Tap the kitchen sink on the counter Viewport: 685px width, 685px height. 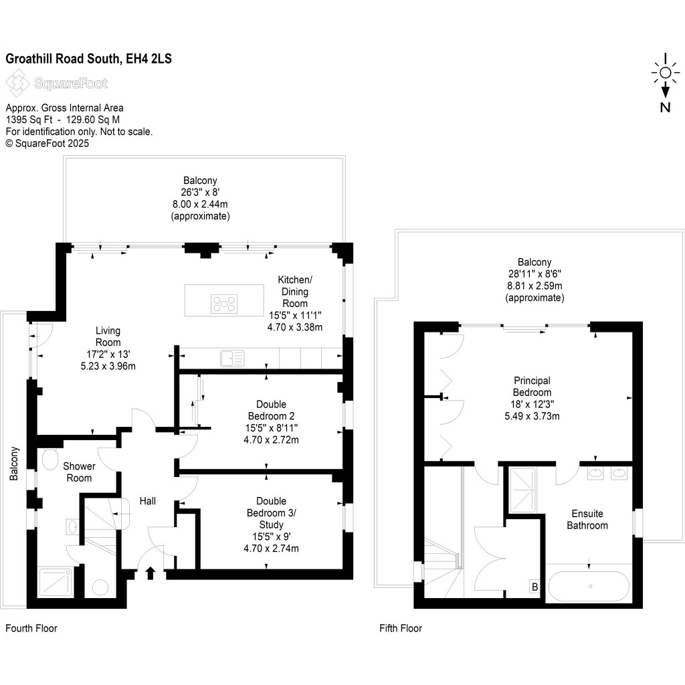tap(232, 359)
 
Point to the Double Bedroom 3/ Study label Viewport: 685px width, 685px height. tap(272, 524)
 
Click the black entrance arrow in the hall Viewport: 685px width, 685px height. tap(150, 572)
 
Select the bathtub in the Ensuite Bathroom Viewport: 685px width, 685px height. tap(589, 586)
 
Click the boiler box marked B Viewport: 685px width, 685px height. tap(534, 587)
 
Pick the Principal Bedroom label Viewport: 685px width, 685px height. tap(532, 398)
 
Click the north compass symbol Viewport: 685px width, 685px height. tap(665, 84)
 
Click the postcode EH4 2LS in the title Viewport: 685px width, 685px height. tap(148, 59)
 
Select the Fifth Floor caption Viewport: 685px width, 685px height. tap(401, 628)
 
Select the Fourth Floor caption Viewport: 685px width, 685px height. tap(31, 628)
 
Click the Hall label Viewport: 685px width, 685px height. tap(148, 500)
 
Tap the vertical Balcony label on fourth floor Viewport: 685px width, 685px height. tap(13, 464)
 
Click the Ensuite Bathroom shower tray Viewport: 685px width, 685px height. tap(524, 488)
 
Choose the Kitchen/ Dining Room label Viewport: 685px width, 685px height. tap(295, 303)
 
